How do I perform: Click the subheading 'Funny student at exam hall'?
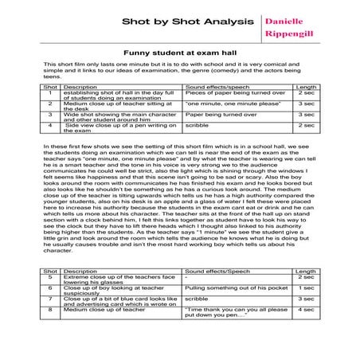(x=180, y=51)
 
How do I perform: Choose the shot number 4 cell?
(x=50, y=124)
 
